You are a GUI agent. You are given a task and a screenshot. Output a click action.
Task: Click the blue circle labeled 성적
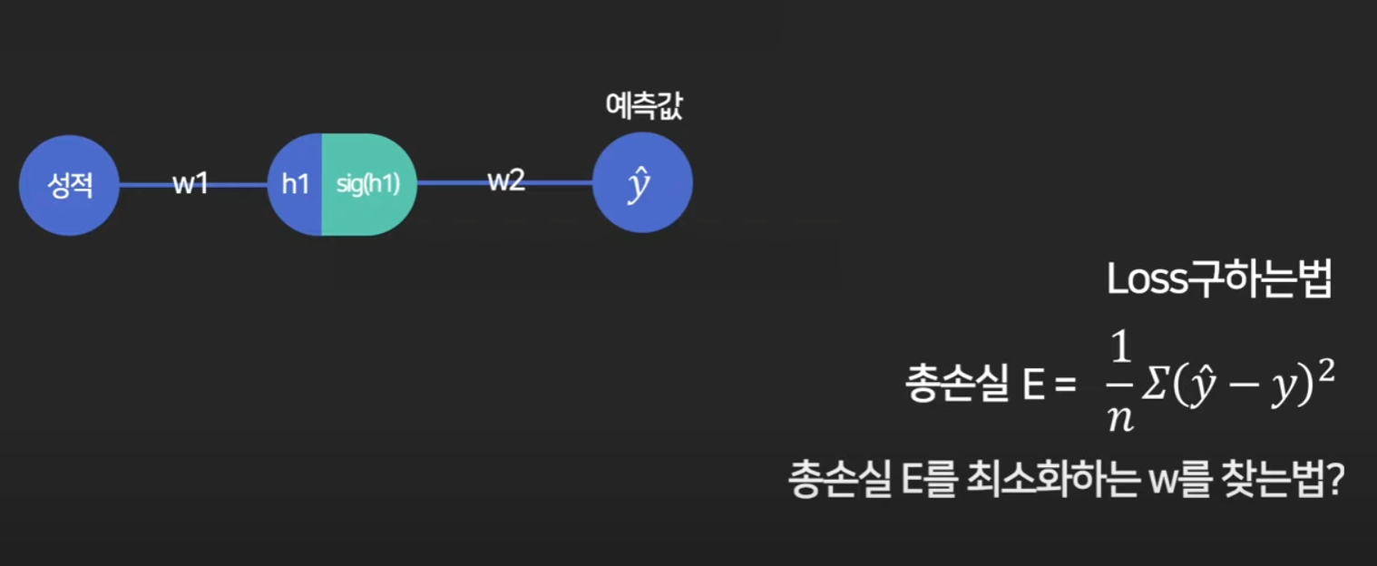point(69,185)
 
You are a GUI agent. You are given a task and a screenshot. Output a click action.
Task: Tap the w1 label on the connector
point(190,184)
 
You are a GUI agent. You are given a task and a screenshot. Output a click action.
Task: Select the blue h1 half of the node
point(296,184)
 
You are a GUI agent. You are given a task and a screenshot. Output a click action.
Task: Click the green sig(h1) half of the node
point(368,184)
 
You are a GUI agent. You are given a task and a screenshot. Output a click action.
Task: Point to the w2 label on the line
point(506,181)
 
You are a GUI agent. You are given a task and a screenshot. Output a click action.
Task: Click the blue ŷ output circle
point(642,185)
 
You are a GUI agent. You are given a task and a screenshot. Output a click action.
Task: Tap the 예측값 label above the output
point(643,109)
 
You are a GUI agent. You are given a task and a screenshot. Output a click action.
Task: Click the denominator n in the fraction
point(1120,419)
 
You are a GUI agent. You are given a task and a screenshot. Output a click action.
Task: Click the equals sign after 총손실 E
point(1063,385)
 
